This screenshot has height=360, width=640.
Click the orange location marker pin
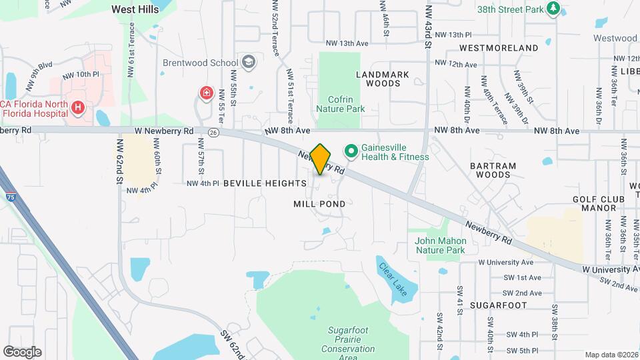click(321, 159)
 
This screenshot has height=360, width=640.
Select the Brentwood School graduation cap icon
click(249, 63)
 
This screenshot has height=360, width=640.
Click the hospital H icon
click(78, 107)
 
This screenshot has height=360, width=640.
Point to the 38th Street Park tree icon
click(552, 8)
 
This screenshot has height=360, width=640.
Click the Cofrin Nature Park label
click(340, 103)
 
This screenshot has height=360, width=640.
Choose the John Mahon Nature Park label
click(439, 245)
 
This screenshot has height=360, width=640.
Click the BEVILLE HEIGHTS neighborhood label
click(265, 183)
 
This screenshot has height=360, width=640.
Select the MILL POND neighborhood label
click(319, 204)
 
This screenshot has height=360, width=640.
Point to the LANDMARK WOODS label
click(378, 79)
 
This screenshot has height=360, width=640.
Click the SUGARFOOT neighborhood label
click(497, 305)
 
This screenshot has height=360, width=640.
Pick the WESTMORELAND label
click(499, 48)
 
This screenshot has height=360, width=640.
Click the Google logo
click(23, 351)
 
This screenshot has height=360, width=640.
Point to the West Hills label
click(136, 9)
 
